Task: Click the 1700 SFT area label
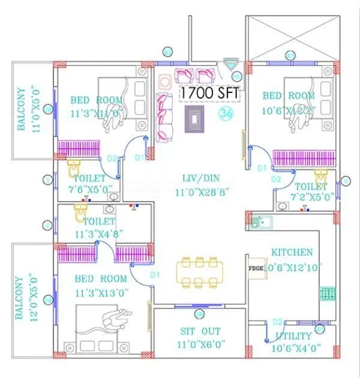click(x=210, y=94)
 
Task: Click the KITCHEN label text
click(x=292, y=252)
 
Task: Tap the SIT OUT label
click(x=200, y=331)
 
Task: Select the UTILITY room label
click(x=293, y=336)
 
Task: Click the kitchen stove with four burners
click(x=328, y=294)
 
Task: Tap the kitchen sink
click(x=261, y=222)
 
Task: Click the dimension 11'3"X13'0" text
click(x=101, y=293)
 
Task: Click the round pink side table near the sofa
click(x=164, y=81)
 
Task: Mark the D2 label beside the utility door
click(x=277, y=322)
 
